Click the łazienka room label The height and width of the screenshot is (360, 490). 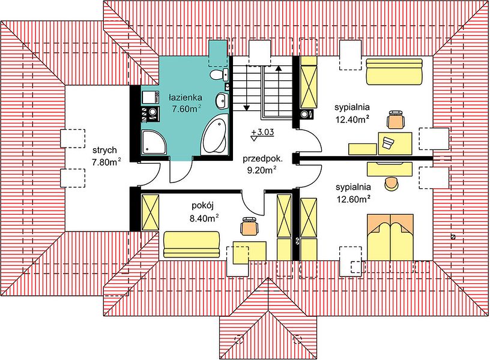coord(186,98)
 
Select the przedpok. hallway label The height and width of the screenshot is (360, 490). coord(262,159)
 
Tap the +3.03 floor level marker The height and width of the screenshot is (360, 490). coord(262,133)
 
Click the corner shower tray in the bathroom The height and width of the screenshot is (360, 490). coord(154,142)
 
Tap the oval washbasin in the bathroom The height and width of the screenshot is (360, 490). coord(222,101)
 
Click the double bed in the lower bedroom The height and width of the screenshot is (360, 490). coord(390,237)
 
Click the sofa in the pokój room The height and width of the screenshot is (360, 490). coord(191,244)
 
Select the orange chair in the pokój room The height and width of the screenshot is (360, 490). coord(250,226)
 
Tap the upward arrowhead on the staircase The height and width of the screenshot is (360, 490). coord(279,68)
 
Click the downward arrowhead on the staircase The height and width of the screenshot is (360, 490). coord(247,108)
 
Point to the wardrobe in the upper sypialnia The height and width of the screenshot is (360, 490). coord(309,82)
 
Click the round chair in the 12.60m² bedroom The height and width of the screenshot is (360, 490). coord(392,184)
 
